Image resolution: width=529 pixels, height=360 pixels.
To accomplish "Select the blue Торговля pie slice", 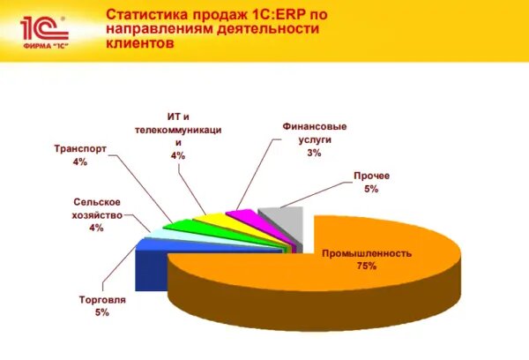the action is (x=152, y=266).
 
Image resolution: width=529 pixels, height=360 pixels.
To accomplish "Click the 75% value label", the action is (x=367, y=266).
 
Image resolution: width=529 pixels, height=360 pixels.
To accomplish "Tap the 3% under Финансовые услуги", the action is (x=314, y=153).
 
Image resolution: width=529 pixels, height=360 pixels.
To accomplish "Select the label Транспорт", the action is (x=80, y=148).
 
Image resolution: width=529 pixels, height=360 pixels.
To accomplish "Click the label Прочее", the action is (x=371, y=176).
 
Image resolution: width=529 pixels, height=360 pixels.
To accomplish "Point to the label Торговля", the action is (x=102, y=299).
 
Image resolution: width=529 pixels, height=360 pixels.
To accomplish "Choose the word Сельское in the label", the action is (x=97, y=202).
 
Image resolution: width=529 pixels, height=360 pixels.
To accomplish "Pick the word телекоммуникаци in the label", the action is (x=178, y=130).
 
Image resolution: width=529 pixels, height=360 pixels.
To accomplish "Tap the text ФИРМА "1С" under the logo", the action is (x=46, y=45).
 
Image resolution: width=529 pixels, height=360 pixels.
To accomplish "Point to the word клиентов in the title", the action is (x=140, y=43).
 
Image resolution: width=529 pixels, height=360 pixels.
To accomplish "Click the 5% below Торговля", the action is (x=102, y=312).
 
